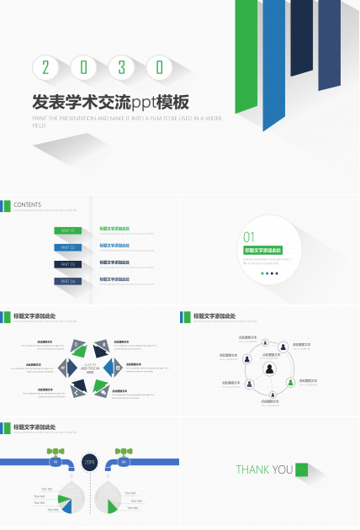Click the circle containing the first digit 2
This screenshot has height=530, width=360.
tap(45, 67)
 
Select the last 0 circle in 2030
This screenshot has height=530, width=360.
tap(159, 67)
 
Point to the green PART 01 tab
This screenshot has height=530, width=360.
tap(67, 231)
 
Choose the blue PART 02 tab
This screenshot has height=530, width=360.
tap(67, 247)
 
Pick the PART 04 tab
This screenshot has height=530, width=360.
tap(67, 281)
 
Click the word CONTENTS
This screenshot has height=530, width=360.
tap(27, 204)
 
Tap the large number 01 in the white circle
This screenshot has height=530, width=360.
tap(249, 237)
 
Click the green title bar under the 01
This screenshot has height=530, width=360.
tap(262, 250)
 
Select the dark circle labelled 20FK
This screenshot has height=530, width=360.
tap(90, 461)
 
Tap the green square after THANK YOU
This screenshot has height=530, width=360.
tap(302, 469)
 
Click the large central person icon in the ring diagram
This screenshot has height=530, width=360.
tap(270, 368)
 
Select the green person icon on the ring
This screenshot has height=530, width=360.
tap(290, 382)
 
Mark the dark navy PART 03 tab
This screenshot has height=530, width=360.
tap(67, 264)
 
